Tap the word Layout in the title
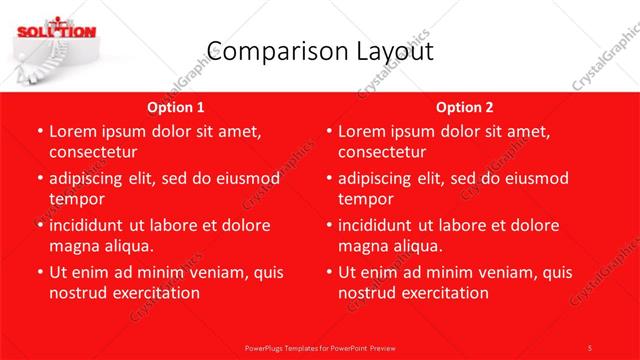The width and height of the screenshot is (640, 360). click(391, 52)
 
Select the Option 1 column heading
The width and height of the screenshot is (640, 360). click(176, 107)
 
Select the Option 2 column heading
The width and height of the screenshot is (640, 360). click(464, 107)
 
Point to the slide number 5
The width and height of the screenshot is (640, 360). click(591, 347)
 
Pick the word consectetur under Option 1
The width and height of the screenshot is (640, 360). click(92, 152)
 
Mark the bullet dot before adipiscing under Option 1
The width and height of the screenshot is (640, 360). click(38, 179)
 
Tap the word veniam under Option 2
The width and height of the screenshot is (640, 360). click(484, 272)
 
